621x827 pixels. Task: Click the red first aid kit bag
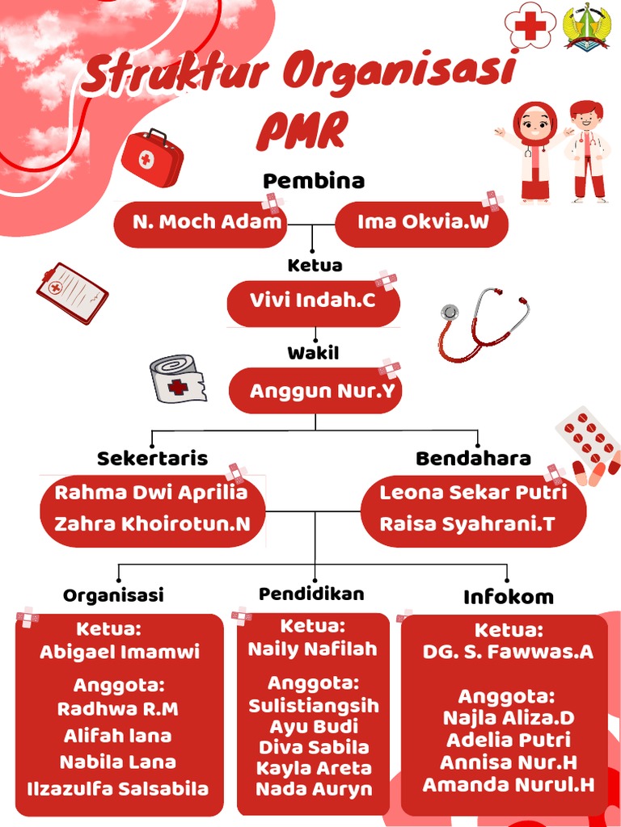pyautogui.click(x=152, y=157)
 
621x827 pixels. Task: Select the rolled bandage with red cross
pyautogui.click(x=178, y=379)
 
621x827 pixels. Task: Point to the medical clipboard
pyautogui.click(x=72, y=293)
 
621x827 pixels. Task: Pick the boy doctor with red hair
pyautogui.click(x=587, y=151)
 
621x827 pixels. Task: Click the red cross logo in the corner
pyautogui.click(x=530, y=25)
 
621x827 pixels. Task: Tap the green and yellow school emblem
pyautogui.click(x=586, y=27)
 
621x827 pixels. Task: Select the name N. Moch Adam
pyautogui.click(x=207, y=221)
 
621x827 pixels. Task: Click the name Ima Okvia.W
pyautogui.click(x=423, y=221)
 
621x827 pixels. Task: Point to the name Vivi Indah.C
pyautogui.click(x=313, y=300)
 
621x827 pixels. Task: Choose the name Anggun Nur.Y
pyautogui.click(x=322, y=391)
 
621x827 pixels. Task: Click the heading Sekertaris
pyautogui.click(x=152, y=458)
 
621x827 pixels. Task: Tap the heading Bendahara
pyautogui.click(x=473, y=458)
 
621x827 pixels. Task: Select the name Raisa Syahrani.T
pyautogui.click(x=467, y=524)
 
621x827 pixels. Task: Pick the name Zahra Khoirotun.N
pyautogui.click(x=153, y=523)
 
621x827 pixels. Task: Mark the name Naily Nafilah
pyautogui.click(x=313, y=649)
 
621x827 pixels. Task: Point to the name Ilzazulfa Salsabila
pyautogui.click(x=118, y=789)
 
